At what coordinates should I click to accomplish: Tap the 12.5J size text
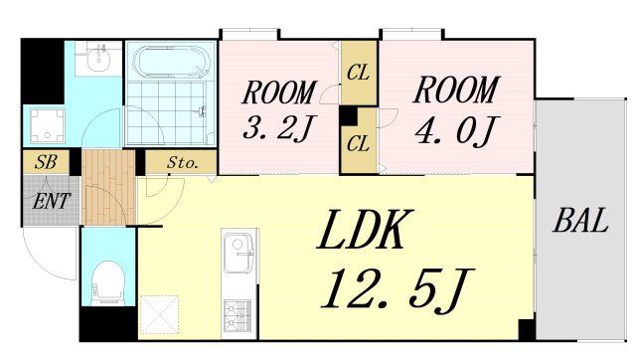(x=397, y=289)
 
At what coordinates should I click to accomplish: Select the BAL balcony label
(x=580, y=221)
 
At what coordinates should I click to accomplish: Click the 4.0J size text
(x=455, y=130)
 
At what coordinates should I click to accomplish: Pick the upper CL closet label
(x=358, y=73)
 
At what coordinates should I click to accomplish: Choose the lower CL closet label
(x=358, y=143)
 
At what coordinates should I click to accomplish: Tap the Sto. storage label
(x=182, y=163)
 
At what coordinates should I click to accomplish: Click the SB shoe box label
(x=46, y=162)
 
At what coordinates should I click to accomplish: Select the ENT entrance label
(x=52, y=201)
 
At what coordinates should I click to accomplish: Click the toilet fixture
(x=107, y=282)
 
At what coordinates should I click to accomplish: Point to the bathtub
(x=172, y=62)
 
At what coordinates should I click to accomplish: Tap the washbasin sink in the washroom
(x=99, y=60)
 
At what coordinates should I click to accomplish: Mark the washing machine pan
(x=48, y=125)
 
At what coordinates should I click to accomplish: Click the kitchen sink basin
(x=239, y=252)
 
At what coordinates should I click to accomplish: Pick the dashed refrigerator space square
(x=159, y=315)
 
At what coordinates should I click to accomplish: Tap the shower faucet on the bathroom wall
(x=203, y=110)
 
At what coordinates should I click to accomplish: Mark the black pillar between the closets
(x=348, y=116)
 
